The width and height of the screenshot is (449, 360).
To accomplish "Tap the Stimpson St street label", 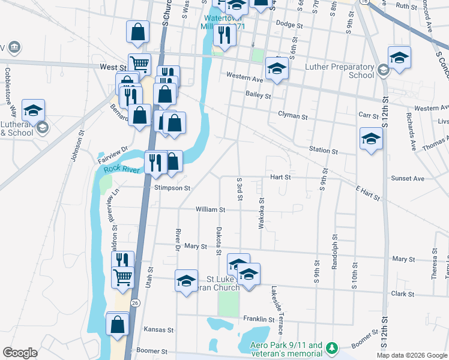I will (x=172, y=188).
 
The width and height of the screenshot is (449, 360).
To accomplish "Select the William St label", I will (x=210, y=210).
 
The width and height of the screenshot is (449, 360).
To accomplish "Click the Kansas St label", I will (x=159, y=330).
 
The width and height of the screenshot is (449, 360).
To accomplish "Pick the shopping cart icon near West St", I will (x=139, y=63).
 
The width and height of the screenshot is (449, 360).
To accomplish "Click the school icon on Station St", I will (x=371, y=139).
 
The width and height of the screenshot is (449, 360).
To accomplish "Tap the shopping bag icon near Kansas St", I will (x=118, y=324).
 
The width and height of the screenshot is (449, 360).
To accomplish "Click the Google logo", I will (x=20, y=353).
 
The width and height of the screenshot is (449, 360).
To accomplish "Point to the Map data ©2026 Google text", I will (x=411, y=355).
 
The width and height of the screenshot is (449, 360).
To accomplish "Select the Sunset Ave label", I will (x=408, y=178).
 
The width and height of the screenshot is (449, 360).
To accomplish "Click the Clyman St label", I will (x=292, y=114).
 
